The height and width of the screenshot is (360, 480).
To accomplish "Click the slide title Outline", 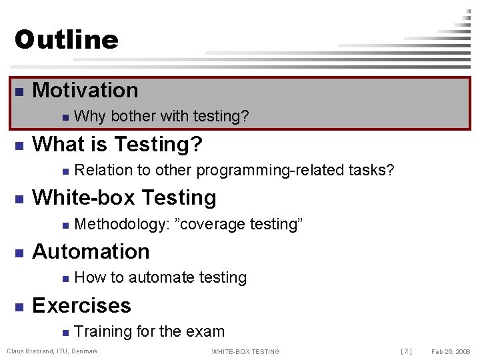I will point(66,39).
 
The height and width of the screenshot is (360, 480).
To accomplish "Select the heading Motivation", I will point(85,90).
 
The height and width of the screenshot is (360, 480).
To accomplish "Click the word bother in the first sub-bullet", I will point(133,117).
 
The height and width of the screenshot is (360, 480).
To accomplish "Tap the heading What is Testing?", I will point(117,144).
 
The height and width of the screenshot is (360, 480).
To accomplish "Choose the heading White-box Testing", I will point(124,198).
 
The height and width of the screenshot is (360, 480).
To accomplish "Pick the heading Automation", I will point(91,251).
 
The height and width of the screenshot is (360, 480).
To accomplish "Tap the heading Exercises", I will point(81,305).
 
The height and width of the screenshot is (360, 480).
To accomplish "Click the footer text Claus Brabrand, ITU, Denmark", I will point(52,351).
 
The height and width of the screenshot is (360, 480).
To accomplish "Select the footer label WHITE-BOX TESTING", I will point(245,351).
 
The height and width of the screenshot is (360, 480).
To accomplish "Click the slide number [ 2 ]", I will point(406,351).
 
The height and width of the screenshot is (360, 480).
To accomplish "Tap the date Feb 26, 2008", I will point(451,351).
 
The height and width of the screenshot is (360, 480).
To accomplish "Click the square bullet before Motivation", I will point(19,91).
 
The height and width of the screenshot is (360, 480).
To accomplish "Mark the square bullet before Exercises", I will point(19,307).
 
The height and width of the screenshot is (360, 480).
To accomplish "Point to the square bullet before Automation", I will point(19,253).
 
